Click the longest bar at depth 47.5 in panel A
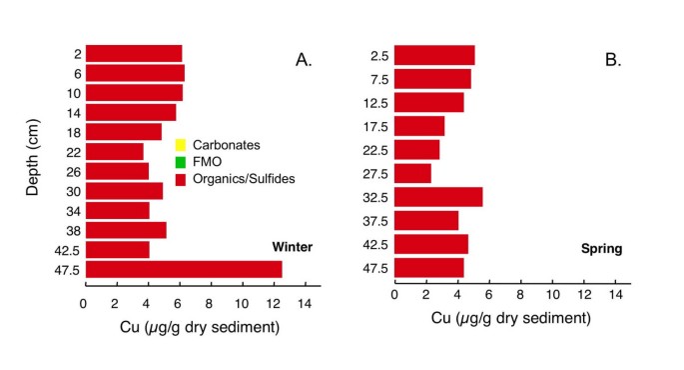[184, 269]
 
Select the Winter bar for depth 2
[134, 54]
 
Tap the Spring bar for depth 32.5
[438, 197]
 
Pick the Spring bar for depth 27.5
[412, 173]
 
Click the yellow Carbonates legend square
[181, 145]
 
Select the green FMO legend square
[181, 162]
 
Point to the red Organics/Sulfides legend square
[181, 179]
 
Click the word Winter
[294, 247]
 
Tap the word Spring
[602, 248]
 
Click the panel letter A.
[304, 60]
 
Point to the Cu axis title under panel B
[511, 319]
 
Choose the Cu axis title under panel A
[201, 327]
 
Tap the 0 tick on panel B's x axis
[395, 296]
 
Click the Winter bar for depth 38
[126, 230]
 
